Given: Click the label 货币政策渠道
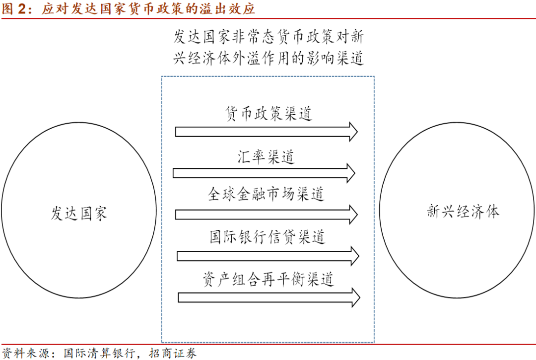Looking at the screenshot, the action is tap(268, 114).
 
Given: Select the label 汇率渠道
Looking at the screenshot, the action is tap(266, 157).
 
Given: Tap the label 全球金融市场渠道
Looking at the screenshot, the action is tap(266, 194).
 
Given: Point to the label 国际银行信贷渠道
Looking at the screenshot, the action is tap(268, 237).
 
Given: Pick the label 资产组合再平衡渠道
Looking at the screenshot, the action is tap(268, 279).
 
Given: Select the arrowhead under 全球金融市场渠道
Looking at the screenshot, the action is tap(352, 215).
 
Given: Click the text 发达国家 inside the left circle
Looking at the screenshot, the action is tap(79, 214).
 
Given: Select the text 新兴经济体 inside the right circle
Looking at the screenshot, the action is tap(463, 212).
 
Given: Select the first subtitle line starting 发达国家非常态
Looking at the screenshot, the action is tap(268, 37).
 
